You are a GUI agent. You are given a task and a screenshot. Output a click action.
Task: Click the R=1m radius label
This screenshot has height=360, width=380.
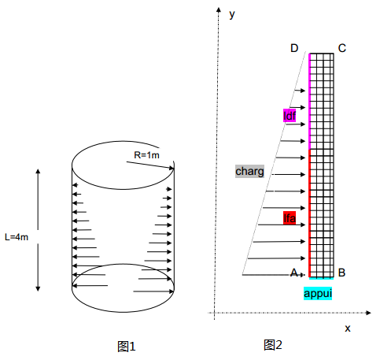(x=146, y=155)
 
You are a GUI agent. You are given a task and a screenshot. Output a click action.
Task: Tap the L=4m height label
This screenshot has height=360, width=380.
(x=17, y=237)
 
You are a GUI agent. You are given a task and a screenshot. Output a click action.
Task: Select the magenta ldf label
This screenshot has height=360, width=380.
(x=290, y=116)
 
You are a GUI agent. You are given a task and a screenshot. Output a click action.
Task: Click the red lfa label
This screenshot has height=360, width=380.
(x=290, y=218)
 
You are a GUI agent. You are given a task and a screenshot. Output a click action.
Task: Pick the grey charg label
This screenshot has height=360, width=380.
(x=249, y=171)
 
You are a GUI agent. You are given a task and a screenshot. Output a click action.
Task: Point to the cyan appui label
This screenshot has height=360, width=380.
(x=318, y=293)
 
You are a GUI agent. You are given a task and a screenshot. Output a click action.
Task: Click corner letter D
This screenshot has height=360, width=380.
(x=294, y=48)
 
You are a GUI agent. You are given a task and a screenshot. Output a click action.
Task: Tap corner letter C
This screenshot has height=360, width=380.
(x=342, y=48)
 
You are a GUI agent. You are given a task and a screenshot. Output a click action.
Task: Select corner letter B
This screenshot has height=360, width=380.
(x=341, y=273)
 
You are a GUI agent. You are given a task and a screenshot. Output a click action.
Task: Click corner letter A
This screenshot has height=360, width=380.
(x=294, y=273)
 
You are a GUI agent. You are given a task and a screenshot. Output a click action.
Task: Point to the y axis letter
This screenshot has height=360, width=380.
(x=232, y=14)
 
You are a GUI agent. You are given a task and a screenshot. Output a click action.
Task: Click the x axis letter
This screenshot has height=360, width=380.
(x=348, y=328)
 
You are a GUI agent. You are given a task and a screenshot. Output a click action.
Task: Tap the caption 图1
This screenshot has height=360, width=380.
(x=127, y=347)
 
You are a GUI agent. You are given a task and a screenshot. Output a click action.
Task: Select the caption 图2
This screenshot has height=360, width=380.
(x=273, y=345)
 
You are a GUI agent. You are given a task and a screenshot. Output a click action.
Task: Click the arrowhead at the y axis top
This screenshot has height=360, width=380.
(x=219, y=9)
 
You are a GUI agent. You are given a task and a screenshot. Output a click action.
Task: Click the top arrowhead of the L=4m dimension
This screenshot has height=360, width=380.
(x=38, y=172)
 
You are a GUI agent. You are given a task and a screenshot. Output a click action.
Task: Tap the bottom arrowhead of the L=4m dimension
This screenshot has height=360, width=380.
(x=38, y=288)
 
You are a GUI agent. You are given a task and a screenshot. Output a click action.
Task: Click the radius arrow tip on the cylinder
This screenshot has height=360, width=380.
(x=173, y=169)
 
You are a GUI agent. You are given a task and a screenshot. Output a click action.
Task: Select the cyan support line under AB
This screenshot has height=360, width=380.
(x=322, y=278)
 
